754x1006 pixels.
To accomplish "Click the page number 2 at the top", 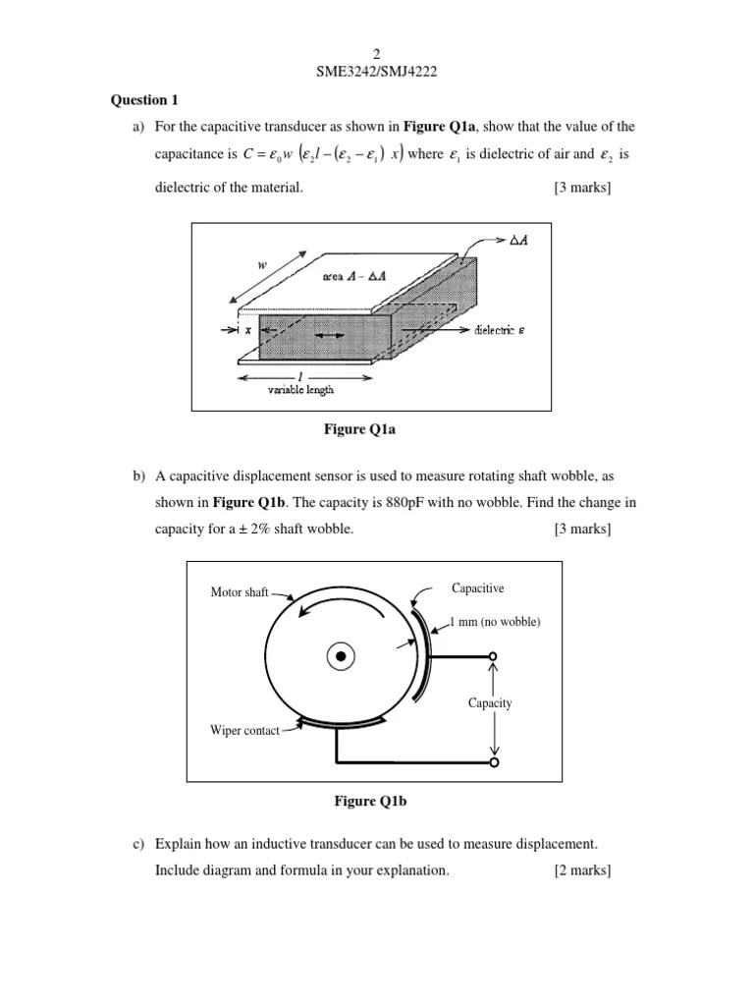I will click(376, 53).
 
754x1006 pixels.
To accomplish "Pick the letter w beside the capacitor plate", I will click(263, 265).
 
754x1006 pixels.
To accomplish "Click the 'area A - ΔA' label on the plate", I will click(355, 278).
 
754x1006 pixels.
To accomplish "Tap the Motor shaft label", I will click(239, 592).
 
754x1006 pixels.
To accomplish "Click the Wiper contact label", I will click(244, 730).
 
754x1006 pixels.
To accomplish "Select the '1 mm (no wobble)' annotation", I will click(495, 622).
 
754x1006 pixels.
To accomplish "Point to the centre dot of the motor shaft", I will click(341, 655).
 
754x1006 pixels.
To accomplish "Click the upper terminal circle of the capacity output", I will click(493, 656).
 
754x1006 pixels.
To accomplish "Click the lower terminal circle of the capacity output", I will click(493, 761).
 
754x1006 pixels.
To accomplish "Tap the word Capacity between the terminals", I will click(491, 703).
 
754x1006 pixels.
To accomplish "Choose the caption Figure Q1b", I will click(370, 802).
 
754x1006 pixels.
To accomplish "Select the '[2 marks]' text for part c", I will click(582, 869).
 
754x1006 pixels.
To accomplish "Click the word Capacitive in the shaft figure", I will click(477, 588).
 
